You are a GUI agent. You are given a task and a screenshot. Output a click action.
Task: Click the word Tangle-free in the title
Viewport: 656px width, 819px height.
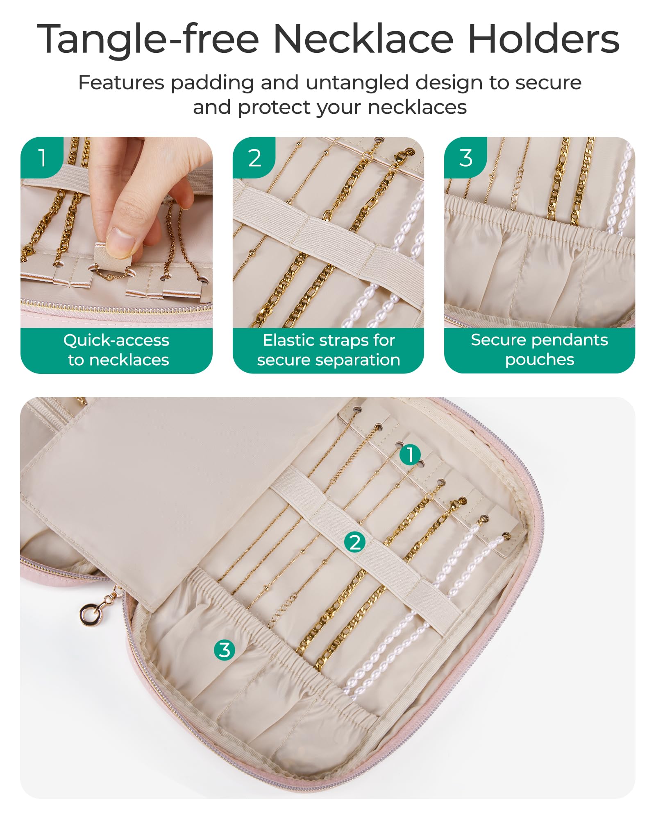tap(148, 39)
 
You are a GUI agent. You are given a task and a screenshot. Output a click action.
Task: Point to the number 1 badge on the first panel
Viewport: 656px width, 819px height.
tap(42, 158)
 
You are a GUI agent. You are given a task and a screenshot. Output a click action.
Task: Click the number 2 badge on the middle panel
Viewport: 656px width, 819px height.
tap(254, 158)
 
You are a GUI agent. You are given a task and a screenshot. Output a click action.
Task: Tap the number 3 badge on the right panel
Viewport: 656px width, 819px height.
tap(465, 158)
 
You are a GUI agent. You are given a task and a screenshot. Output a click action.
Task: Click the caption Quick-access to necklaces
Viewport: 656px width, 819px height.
tap(117, 350)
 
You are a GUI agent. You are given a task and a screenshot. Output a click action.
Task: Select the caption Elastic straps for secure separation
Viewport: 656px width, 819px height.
tap(329, 350)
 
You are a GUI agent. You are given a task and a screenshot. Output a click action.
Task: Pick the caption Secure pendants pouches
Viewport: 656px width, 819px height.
tap(540, 350)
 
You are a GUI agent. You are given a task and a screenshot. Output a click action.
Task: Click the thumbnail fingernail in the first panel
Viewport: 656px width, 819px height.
tap(120, 242)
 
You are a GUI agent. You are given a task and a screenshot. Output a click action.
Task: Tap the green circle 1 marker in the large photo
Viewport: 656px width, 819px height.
tap(410, 455)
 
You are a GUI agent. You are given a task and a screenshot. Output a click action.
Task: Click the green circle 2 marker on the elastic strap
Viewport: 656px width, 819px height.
tap(355, 542)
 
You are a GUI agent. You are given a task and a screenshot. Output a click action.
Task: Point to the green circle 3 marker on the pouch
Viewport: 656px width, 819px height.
tap(225, 650)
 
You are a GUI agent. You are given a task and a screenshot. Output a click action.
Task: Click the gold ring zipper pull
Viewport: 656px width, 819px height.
tap(89, 614)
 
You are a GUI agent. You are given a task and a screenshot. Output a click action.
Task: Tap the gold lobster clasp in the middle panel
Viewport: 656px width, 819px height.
tap(403, 156)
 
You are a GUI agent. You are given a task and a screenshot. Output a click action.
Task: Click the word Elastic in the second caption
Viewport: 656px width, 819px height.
tap(289, 340)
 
